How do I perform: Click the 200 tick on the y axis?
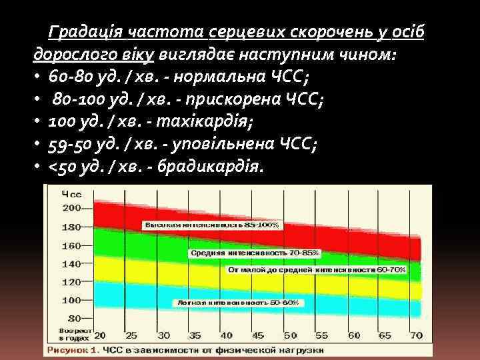tap(71, 208)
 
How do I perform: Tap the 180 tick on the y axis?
tap(71, 227)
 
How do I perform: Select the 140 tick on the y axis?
tap(71, 263)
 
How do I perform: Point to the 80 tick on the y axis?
tap(74, 318)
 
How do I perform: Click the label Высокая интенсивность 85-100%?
tap(208, 225)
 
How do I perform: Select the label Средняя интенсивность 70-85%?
tap(255, 253)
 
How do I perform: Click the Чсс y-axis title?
tap(71, 194)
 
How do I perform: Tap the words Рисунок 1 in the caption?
tap(69, 349)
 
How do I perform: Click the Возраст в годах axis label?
tap(72, 333)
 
